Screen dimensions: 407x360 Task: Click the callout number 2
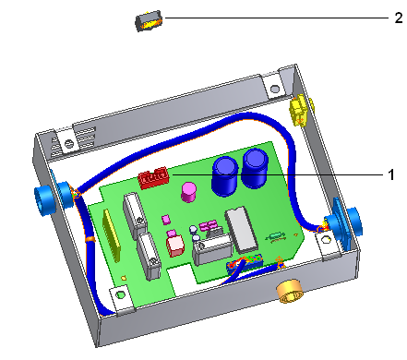point(399,18)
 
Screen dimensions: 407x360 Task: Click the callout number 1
point(390,174)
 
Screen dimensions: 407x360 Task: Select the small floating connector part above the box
point(149,21)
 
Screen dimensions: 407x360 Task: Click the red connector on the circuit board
point(153,177)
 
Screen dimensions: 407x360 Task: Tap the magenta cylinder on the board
point(189,192)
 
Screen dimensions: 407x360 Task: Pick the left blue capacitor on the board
point(225,175)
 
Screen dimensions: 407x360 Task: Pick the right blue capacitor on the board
point(255,168)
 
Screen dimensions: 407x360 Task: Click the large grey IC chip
point(242,228)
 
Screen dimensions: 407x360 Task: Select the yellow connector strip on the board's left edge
point(112,235)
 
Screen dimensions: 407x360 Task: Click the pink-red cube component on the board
point(174,246)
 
